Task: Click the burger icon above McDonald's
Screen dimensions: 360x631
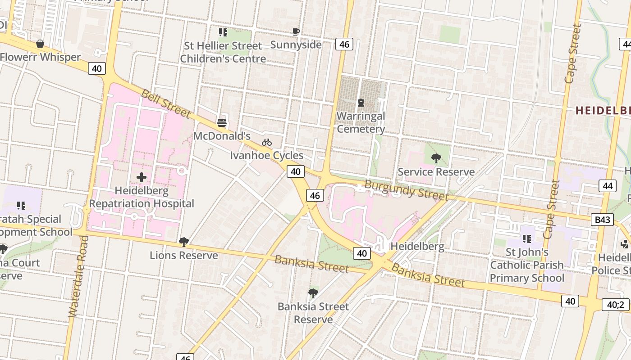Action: [221, 122]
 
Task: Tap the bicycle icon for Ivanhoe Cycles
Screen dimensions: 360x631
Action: [267, 142]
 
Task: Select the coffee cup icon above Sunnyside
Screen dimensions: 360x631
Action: [296, 31]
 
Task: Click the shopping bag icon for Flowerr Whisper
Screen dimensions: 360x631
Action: [40, 44]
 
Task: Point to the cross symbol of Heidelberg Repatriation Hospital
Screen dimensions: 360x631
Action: [142, 177]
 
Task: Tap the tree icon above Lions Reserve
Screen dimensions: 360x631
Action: [183, 242]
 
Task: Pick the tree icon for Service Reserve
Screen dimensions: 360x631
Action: [436, 158]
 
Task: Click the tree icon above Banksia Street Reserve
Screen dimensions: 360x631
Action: [313, 293]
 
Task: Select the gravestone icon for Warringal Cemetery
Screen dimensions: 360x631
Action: [361, 103]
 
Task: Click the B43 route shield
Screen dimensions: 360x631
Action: [602, 220]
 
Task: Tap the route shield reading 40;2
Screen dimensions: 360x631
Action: [615, 305]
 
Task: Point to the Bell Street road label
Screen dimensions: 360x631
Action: [165, 103]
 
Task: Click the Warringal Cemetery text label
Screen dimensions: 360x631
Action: [361, 122]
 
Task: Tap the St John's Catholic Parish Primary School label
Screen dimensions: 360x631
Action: [527, 265]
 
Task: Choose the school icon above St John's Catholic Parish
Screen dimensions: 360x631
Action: [526, 238]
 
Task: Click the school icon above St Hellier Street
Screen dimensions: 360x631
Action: [223, 32]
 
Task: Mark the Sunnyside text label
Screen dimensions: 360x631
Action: [296, 45]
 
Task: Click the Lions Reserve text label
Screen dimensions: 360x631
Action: [184, 255]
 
